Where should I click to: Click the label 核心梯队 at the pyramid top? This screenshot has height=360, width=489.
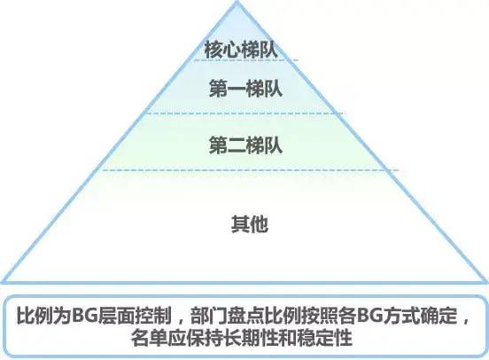click(x=241, y=50)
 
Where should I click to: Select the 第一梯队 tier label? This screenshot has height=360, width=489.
click(x=245, y=89)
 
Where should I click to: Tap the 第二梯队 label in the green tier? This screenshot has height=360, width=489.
click(x=245, y=145)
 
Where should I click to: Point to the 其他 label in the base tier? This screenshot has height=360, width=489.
click(x=250, y=223)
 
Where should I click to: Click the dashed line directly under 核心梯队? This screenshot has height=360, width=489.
click(x=246, y=60)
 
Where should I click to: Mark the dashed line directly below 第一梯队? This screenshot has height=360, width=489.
click(x=244, y=113)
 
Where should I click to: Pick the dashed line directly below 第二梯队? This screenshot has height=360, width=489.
click(x=251, y=170)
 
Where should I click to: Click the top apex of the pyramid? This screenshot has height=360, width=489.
click(x=237, y=2)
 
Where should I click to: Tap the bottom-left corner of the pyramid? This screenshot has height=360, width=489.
click(x=3, y=282)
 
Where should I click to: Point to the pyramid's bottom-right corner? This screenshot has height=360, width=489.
click(x=486, y=282)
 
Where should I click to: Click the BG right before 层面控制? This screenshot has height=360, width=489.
click(x=84, y=316)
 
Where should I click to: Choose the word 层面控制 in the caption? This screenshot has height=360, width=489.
click(x=134, y=316)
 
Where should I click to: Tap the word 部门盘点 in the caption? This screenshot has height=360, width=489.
click(x=227, y=316)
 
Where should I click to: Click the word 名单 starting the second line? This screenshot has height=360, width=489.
click(x=149, y=338)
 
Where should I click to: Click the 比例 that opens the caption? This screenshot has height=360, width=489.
click(x=35, y=316)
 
